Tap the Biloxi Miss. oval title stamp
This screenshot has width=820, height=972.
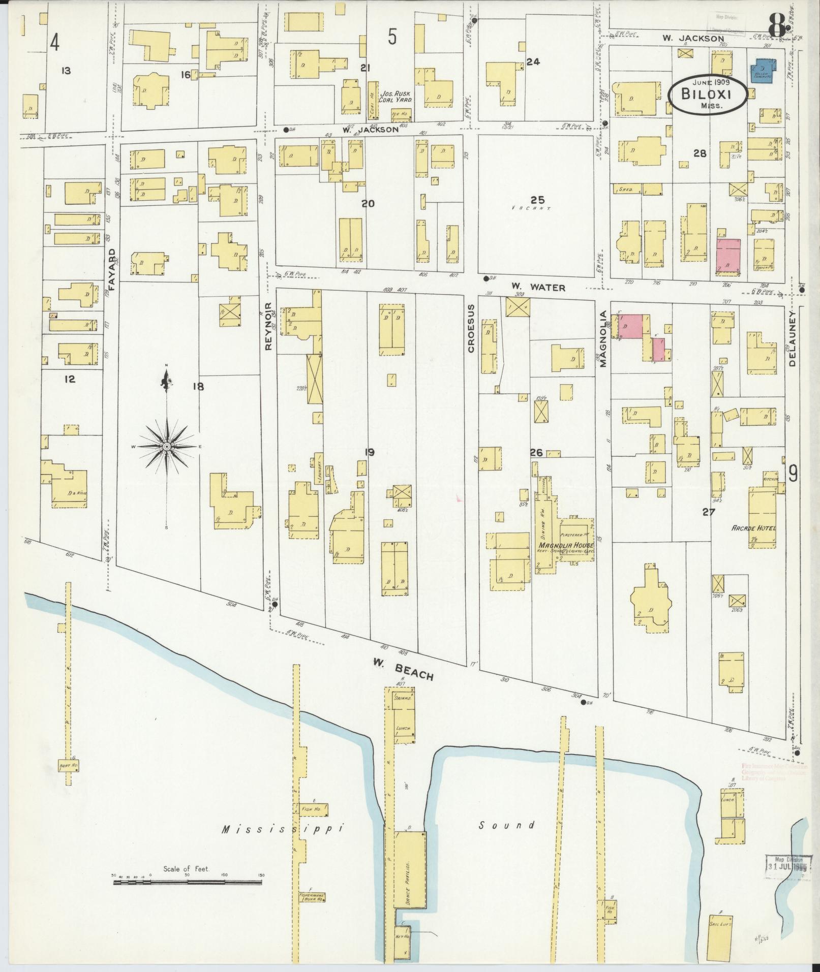(x=707, y=94)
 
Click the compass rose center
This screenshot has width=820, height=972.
(x=167, y=446)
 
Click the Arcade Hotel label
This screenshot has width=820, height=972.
(x=753, y=528)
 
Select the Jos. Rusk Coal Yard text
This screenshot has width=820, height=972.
(x=397, y=97)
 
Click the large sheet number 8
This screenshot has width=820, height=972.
(x=777, y=24)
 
